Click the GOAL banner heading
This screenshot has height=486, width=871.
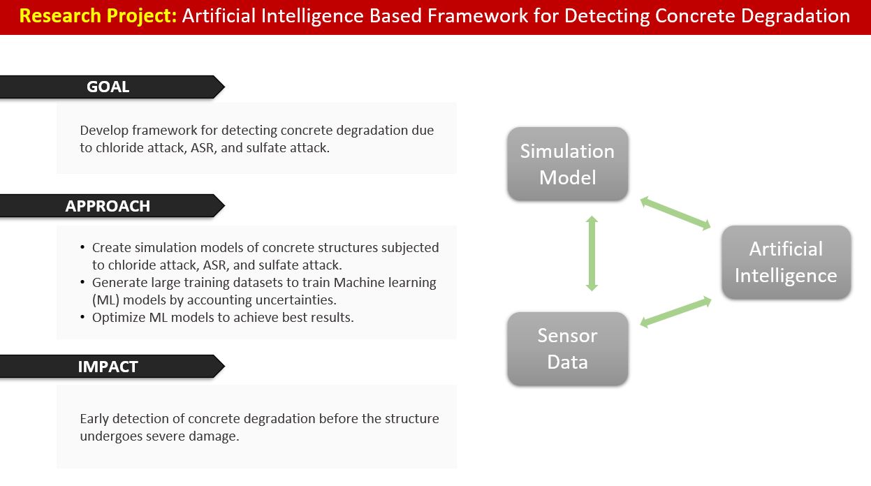click(108, 87)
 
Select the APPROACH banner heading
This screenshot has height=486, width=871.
click(108, 206)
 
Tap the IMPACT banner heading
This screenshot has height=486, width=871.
click(108, 367)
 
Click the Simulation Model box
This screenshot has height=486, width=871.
click(568, 164)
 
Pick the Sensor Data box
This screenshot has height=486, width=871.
click(568, 348)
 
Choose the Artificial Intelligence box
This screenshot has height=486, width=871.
click(786, 262)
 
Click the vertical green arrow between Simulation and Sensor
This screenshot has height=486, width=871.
click(592, 253)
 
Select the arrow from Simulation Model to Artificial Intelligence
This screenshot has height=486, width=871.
click(675, 213)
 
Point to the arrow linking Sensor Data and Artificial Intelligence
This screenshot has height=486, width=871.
click(675, 312)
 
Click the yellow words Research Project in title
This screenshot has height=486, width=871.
click(98, 16)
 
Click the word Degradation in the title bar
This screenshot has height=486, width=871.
click(795, 16)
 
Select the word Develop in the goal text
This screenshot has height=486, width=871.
click(104, 131)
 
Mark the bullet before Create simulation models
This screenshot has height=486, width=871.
click(82, 247)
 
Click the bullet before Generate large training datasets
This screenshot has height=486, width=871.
click(82, 282)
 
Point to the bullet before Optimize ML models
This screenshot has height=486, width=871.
click(82, 317)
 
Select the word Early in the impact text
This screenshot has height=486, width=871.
click(94, 419)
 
